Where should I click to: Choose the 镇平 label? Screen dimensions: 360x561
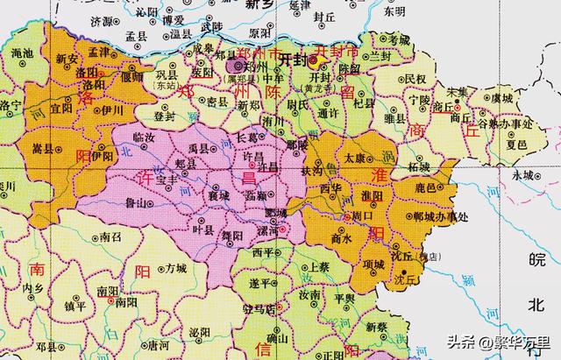(75, 306)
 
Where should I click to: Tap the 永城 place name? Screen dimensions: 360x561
(523, 175)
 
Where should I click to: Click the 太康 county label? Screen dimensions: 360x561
(354, 159)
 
